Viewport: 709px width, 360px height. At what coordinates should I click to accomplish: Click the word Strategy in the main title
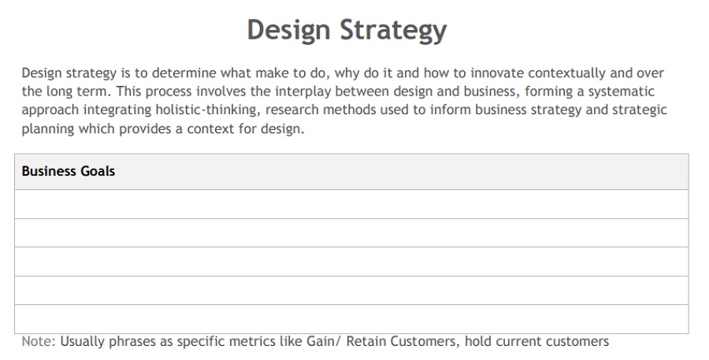(x=393, y=31)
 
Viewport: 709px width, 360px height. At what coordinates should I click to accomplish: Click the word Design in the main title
(x=288, y=30)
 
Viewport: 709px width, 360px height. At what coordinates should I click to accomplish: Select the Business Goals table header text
(x=69, y=171)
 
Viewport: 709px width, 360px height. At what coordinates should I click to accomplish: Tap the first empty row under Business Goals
(x=351, y=204)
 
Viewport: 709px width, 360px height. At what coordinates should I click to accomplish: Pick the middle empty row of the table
(x=351, y=262)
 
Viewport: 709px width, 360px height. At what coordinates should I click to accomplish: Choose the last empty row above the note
(x=351, y=319)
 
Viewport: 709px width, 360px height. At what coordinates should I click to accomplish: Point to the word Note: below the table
(x=39, y=341)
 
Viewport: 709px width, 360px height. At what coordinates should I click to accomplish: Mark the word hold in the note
(x=478, y=341)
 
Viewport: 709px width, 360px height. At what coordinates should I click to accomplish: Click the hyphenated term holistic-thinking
(x=207, y=110)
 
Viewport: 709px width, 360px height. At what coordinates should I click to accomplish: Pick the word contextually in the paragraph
(x=566, y=73)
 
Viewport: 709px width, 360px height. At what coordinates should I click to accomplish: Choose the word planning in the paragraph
(x=48, y=129)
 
